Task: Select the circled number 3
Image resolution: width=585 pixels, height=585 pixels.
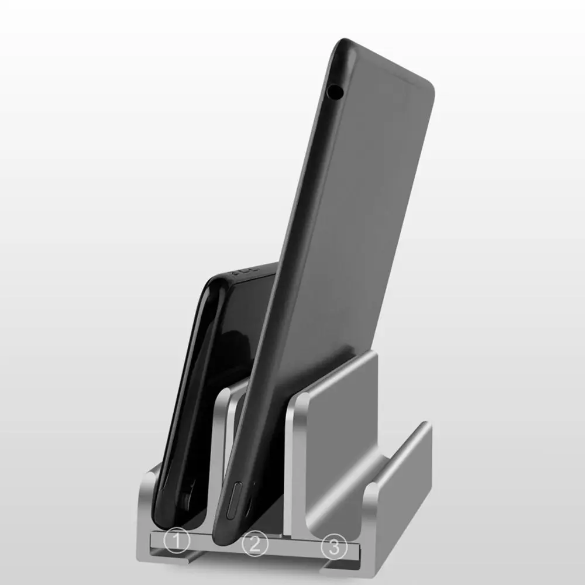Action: pos(334,547)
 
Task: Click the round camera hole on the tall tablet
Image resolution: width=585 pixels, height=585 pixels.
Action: pos(334,91)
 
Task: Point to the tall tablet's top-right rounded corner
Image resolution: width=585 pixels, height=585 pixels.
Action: pos(429,84)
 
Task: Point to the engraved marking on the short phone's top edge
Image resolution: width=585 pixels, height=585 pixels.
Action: pos(245,270)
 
